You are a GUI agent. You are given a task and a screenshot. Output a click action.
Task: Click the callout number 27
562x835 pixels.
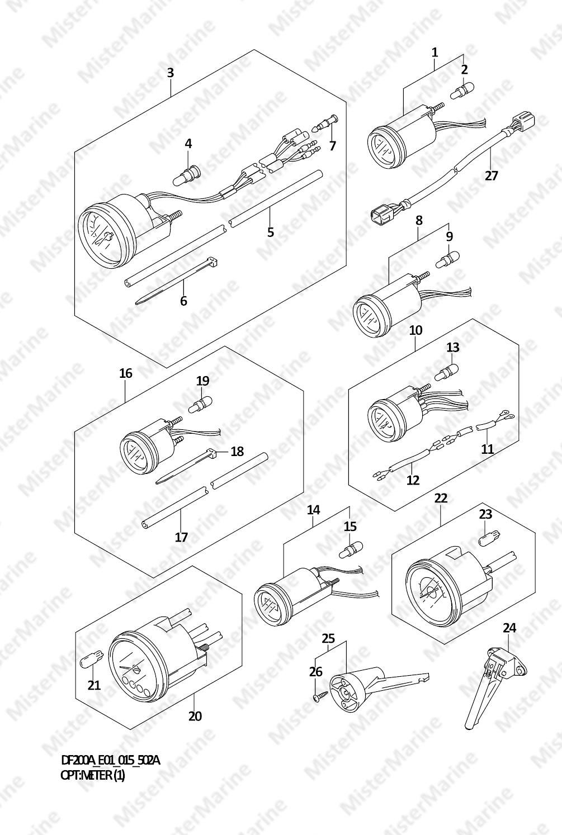491,175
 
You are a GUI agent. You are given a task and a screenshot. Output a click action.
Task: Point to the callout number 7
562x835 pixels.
333,145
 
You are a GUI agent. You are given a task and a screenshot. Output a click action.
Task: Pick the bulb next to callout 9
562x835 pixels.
447,259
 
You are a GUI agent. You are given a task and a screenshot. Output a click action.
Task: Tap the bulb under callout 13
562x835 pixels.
447,372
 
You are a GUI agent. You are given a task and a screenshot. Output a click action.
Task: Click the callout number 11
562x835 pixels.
488,449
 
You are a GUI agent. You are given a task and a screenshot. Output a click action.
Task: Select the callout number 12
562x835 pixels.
413,480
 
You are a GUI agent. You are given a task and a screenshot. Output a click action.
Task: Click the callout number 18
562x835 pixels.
237,451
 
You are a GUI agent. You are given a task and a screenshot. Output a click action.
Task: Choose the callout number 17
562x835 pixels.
181,537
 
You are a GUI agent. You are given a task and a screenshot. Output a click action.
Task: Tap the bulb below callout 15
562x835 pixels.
351,550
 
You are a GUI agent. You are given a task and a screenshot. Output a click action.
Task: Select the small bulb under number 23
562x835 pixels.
484,539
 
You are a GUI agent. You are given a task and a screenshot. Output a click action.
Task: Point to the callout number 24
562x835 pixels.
509,628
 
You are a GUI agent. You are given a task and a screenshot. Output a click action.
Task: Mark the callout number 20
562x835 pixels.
195,717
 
